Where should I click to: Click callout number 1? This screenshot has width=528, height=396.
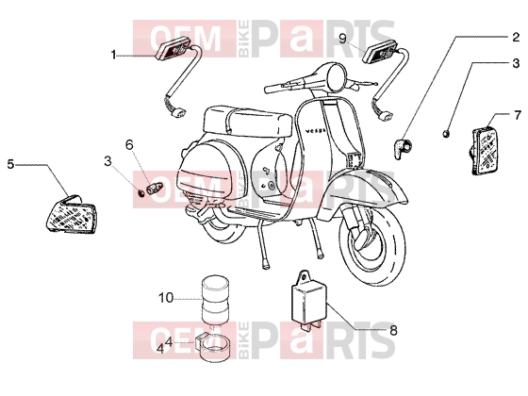113,55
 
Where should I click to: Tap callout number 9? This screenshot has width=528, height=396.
343,39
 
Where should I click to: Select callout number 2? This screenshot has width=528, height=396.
516,37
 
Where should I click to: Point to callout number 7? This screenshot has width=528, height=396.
518,115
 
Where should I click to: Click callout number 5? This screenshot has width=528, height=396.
10,164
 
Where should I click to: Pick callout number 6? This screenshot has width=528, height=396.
130,145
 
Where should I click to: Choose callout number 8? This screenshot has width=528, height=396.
393,330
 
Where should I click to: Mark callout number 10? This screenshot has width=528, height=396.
166,298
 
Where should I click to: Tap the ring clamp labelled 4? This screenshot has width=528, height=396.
215,348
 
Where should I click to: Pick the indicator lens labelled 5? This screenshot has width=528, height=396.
71,215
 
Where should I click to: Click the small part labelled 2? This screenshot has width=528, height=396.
402,147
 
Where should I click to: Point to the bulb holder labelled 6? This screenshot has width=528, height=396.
155,188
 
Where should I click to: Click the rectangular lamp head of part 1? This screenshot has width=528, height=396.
174,50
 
